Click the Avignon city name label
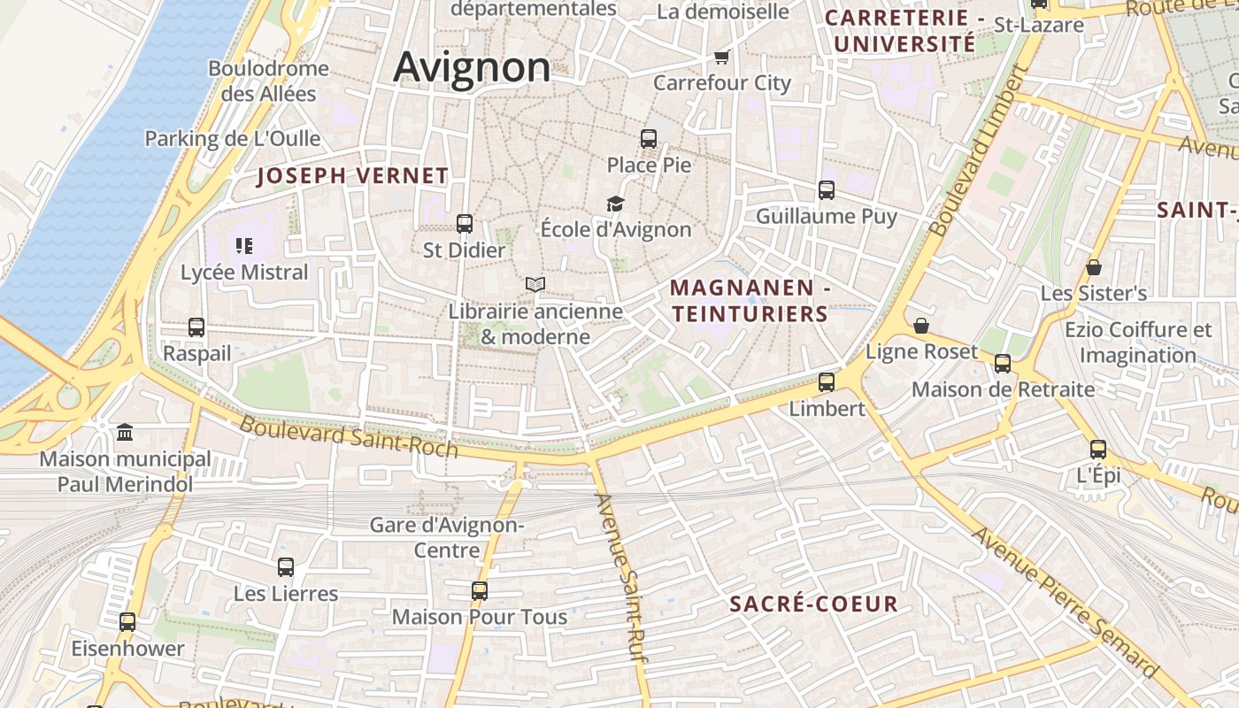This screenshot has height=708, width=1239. click(x=472, y=67)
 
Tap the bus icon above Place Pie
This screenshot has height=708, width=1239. click(x=649, y=139)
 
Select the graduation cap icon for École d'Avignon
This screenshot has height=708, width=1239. click(x=615, y=204)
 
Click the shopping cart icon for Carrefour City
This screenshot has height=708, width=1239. click(x=721, y=58)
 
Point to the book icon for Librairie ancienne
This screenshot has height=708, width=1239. click(x=535, y=284)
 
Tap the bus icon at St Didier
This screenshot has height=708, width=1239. click(x=465, y=224)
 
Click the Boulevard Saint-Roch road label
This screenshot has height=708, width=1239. click(x=349, y=437)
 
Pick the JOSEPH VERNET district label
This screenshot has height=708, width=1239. click(x=353, y=176)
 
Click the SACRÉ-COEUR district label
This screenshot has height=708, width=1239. click(x=814, y=604)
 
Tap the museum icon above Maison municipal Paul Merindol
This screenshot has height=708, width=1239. click(x=125, y=433)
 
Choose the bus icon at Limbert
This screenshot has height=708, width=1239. click(x=827, y=382)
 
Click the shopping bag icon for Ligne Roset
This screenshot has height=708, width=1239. click(x=921, y=326)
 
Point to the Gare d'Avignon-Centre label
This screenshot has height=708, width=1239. click(x=447, y=537)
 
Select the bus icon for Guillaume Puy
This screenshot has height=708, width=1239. click(x=827, y=189)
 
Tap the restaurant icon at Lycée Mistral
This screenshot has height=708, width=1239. click(x=244, y=245)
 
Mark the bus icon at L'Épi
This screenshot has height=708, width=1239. click(x=1098, y=449)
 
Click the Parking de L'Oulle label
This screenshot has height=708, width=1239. click(x=232, y=139)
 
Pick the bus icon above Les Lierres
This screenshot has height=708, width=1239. click(x=286, y=567)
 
